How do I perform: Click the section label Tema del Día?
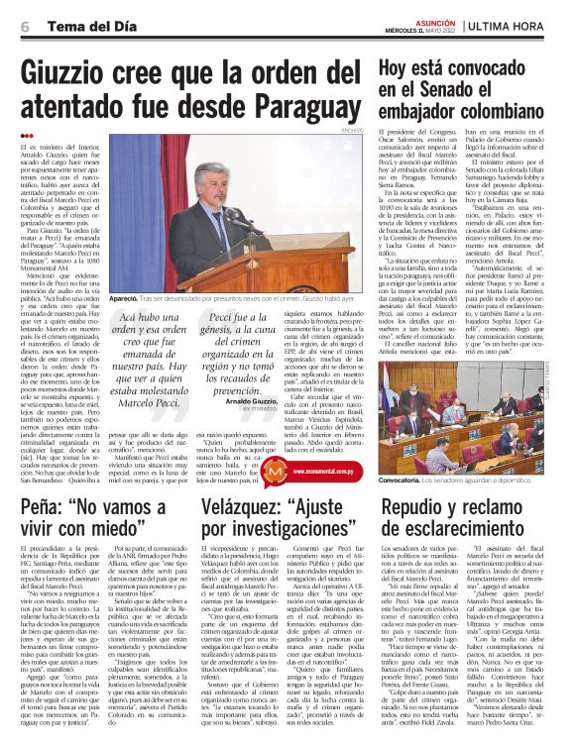pos(75,26)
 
